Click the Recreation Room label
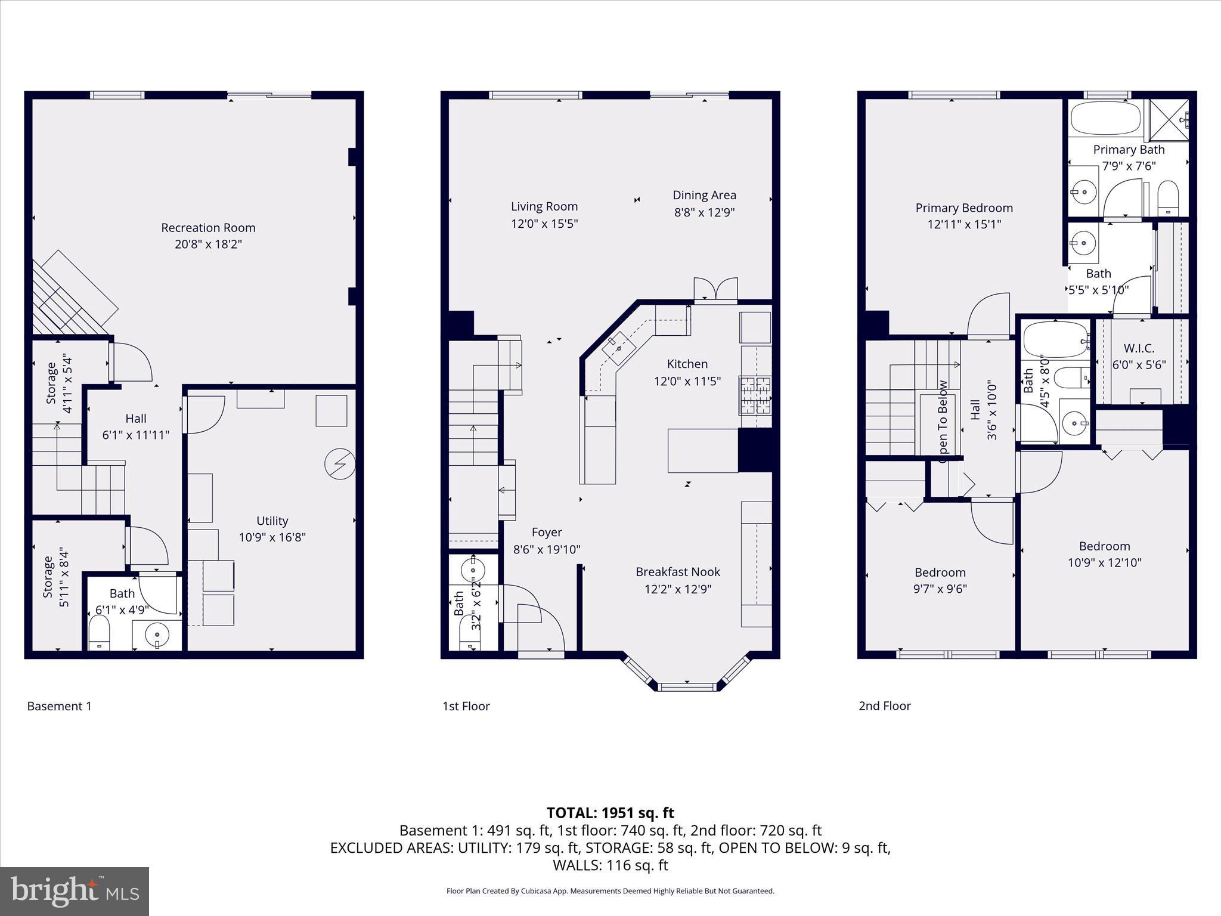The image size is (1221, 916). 208,228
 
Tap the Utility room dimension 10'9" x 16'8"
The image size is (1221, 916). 272,537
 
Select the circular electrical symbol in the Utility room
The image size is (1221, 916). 340,464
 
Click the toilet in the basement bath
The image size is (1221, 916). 99,632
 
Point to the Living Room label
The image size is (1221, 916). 544,206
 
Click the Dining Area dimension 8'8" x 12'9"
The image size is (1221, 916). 704,212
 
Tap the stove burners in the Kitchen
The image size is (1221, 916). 756,395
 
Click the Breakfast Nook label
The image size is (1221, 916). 678,572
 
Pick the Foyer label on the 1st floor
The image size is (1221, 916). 547,533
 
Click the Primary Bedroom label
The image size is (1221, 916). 964,208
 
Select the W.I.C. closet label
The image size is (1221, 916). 1139,348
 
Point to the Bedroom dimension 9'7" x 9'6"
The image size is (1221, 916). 940,589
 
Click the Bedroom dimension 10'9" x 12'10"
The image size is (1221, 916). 1104,562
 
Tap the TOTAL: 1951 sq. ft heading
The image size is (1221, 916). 610,813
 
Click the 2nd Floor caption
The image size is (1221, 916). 884,706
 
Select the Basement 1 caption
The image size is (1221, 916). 60,706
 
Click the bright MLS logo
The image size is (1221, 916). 75,891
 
